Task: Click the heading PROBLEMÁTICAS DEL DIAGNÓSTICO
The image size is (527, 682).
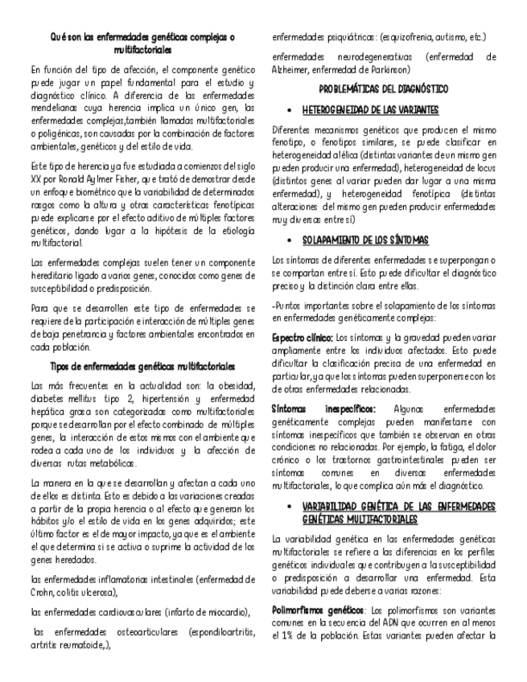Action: click(384, 88)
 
